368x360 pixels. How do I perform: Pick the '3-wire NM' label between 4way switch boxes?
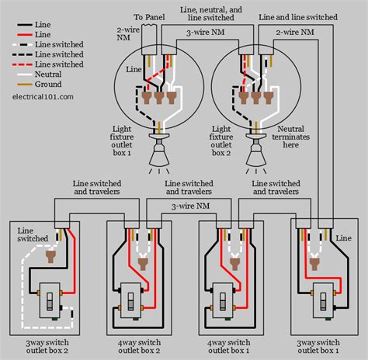[189, 206]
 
